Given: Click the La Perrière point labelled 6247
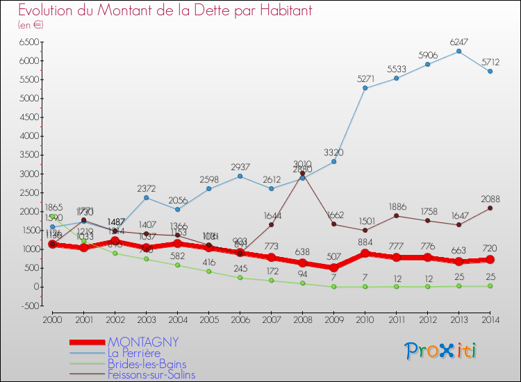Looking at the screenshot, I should tap(458, 51).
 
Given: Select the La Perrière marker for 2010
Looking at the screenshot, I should tap(365, 88).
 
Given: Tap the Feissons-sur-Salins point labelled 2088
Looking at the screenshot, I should tap(490, 208).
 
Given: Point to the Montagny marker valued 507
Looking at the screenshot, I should tap(333, 267).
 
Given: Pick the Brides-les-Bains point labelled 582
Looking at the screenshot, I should tap(177, 265).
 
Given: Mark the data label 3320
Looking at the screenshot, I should tap(333, 152).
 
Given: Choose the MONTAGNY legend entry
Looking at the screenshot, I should tap(142, 342).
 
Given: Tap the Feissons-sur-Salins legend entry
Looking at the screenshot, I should tap(151, 375).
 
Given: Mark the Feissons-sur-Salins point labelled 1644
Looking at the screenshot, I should tap(271, 224).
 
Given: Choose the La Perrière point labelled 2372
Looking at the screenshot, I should tap(146, 197).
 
